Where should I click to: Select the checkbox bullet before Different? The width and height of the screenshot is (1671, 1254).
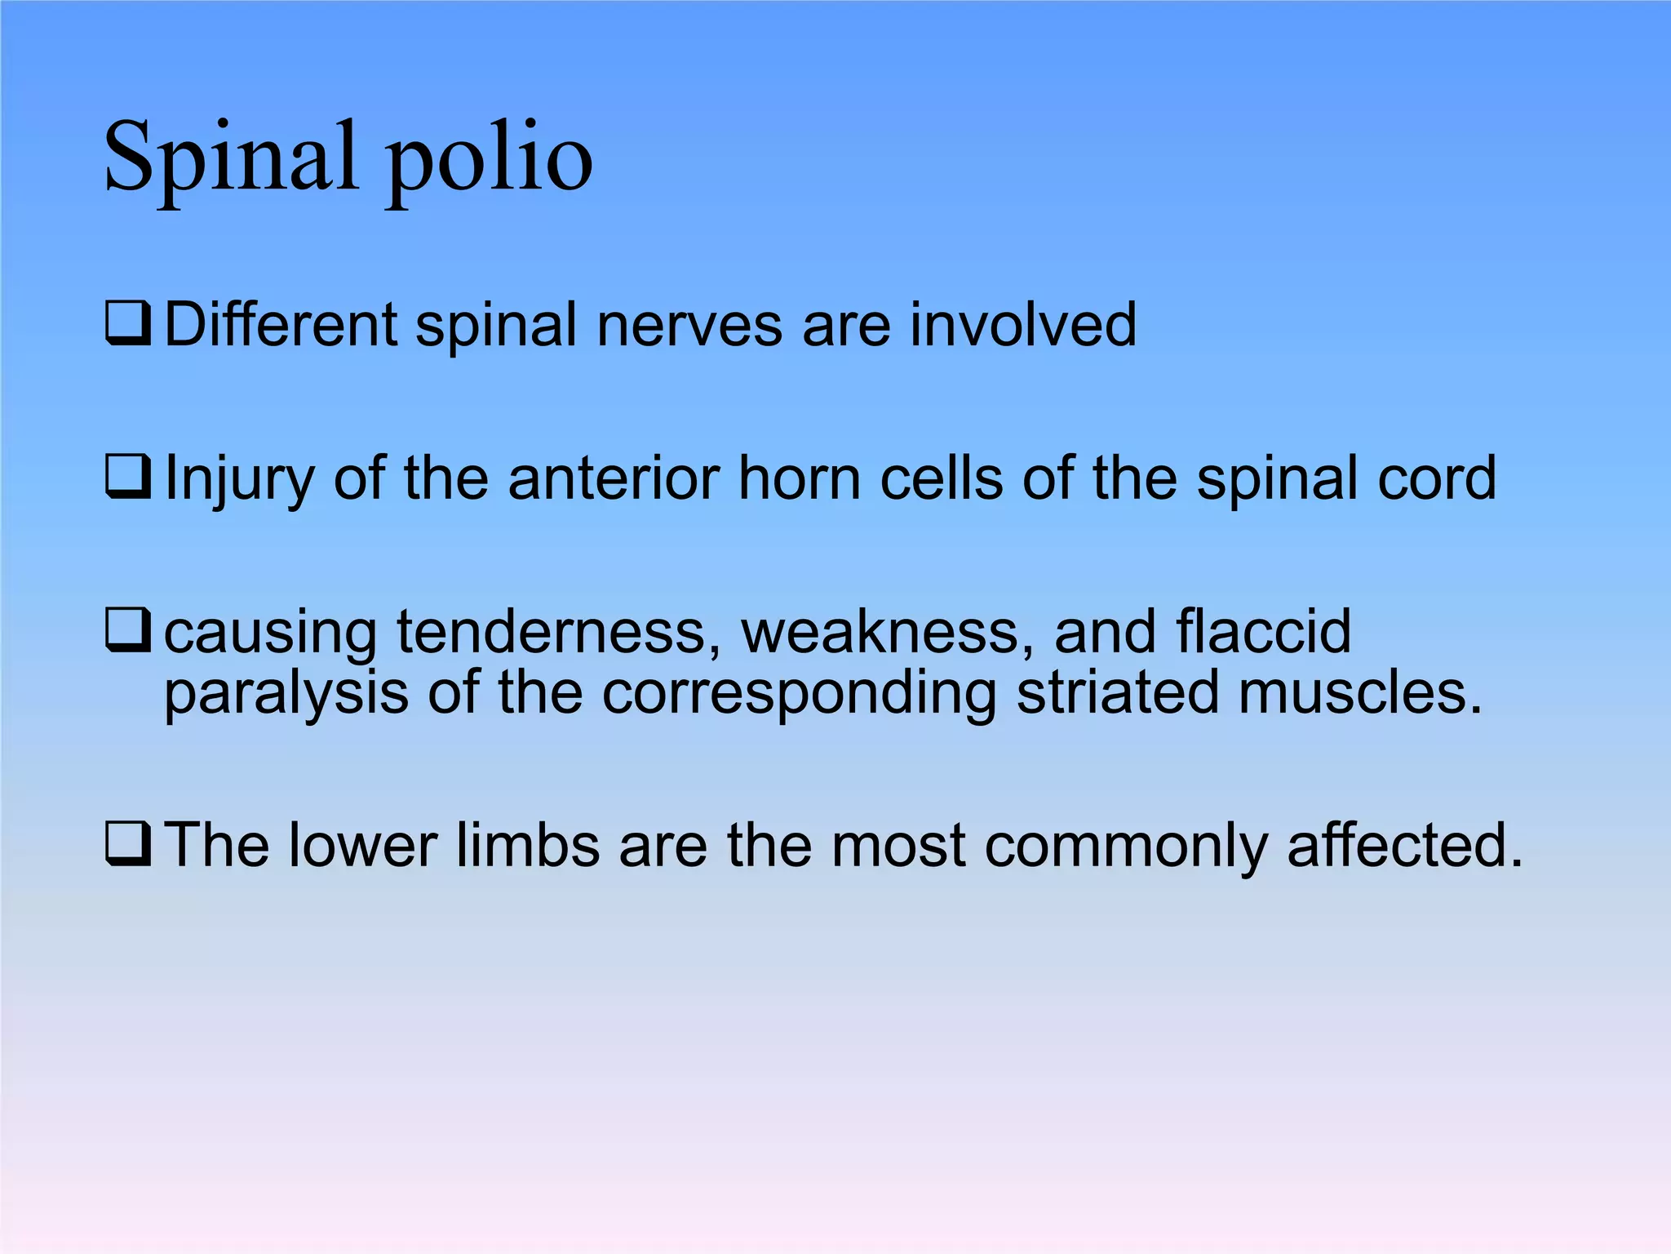(128, 324)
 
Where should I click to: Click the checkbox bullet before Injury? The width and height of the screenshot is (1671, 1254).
(128, 477)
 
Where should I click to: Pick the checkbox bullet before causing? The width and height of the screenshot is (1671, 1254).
(128, 630)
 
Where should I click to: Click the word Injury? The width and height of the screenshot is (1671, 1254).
(239, 480)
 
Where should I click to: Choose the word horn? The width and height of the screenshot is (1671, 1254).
(799, 478)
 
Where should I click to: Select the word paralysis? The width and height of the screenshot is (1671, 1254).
(286, 694)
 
